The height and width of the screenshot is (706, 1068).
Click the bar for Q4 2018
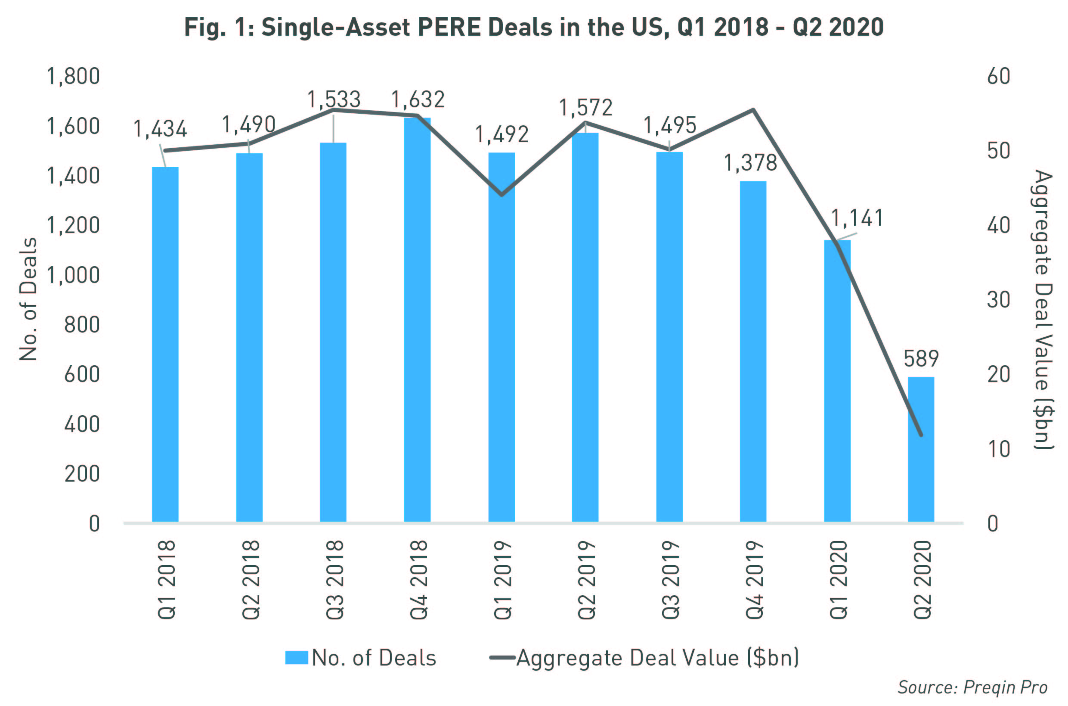[x=417, y=320]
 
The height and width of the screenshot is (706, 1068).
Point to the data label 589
[x=921, y=359]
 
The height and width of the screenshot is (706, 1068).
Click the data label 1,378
[x=750, y=163]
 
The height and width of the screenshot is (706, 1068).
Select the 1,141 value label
[x=857, y=218]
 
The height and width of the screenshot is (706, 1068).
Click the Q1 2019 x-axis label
[x=502, y=580]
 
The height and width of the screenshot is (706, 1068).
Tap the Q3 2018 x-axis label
[x=334, y=580]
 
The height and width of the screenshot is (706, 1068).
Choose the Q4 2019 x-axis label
[x=755, y=580]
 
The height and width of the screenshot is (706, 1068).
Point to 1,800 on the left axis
[x=73, y=77]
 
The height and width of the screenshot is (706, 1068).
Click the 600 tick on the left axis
[x=82, y=375]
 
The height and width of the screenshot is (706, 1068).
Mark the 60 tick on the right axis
[x=999, y=77]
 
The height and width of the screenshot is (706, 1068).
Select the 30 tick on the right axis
[x=999, y=300]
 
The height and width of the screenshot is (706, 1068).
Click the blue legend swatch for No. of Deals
[x=297, y=658]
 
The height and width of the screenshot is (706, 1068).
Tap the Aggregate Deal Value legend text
[x=657, y=658]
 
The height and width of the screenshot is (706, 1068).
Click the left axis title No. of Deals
[x=28, y=299]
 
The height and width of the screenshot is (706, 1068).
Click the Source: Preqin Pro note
[x=972, y=687]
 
